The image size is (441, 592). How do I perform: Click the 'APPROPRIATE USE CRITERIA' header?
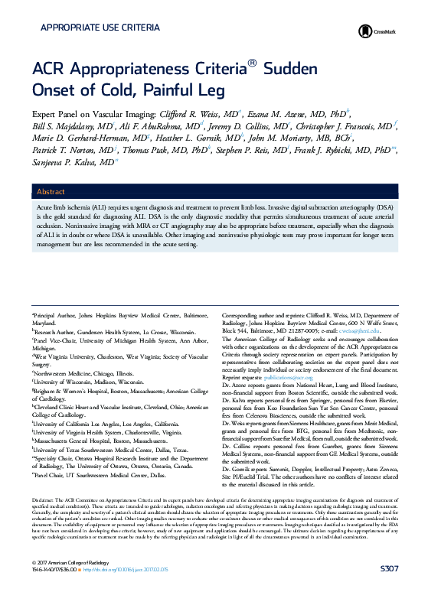[x=100, y=28]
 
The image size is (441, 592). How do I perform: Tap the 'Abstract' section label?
[x=51, y=192]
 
